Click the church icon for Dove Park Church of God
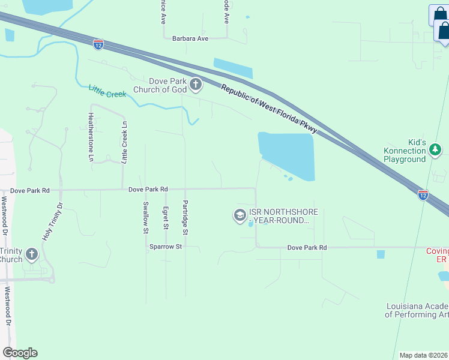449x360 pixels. click(196, 85)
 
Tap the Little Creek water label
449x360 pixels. click(107, 92)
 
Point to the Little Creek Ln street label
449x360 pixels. click(125, 142)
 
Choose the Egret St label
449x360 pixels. click(165, 218)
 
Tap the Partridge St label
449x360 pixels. click(185, 217)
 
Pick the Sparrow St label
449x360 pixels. click(165, 247)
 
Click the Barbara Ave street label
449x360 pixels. click(190, 38)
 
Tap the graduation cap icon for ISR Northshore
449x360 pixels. click(240, 215)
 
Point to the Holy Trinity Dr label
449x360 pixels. click(52, 222)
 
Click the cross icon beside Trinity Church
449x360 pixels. click(31, 256)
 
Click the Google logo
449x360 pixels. click(20, 353)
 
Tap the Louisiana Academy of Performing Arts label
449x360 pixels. click(417, 310)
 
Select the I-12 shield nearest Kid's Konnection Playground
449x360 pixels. click(423, 194)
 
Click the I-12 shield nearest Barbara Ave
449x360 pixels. click(98, 44)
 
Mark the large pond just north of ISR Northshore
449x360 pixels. click(287, 155)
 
